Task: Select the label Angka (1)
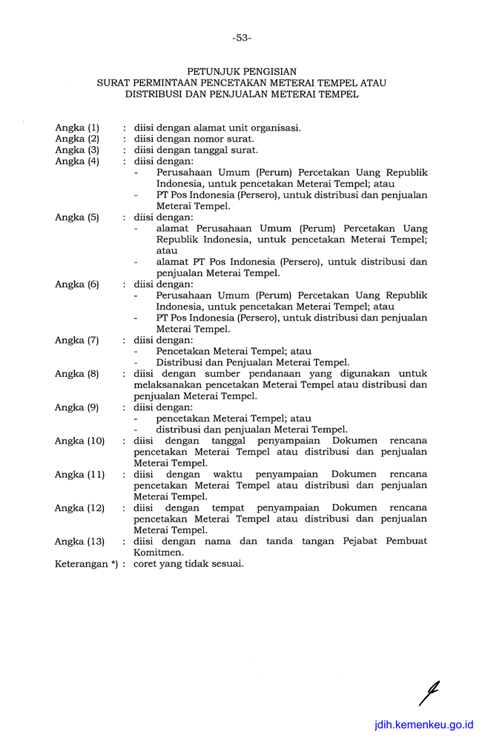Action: [77, 128]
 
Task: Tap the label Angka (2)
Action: [77, 139]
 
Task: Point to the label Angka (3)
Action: [77, 150]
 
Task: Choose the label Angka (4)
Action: [77, 161]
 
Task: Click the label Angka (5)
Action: [77, 217]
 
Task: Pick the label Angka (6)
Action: [77, 284]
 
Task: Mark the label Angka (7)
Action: [77, 341]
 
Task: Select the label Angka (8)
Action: [77, 374]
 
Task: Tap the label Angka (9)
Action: [77, 407]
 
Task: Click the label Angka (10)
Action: [80, 441]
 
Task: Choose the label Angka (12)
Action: [80, 508]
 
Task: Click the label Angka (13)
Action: [80, 542]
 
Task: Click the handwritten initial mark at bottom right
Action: [428, 693]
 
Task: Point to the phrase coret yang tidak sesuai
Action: [188, 564]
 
